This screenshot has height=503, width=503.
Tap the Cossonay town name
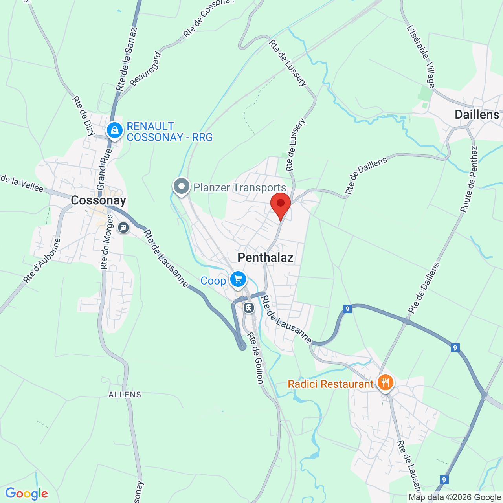[x=98, y=200]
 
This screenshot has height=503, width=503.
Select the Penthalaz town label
[x=265, y=258]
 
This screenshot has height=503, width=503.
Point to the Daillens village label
[x=477, y=115]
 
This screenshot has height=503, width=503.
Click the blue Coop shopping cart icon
[x=238, y=279]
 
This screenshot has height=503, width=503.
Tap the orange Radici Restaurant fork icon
[x=385, y=382]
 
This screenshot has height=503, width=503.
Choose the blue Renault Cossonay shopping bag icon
[x=114, y=130]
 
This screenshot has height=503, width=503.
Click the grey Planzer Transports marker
[x=182, y=186]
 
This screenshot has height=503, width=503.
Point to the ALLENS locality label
[x=125, y=395]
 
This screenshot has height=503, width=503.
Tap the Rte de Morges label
[x=106, y=242]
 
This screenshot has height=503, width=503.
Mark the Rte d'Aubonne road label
[x=42, y=261]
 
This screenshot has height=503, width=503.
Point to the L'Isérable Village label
[x=421, y=57]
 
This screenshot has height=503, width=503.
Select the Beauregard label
[x=145, y=68]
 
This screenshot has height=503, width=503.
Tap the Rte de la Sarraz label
[x=127, y=59]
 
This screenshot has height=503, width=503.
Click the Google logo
[x=26, y=494]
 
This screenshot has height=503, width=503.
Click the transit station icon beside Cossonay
[x=123, y=228]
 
